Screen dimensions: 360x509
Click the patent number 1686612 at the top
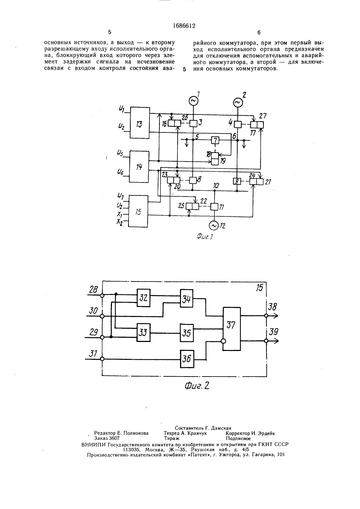pos(184,26)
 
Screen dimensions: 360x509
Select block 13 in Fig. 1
pos(140,122)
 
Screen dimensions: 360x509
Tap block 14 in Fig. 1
pos(139,167)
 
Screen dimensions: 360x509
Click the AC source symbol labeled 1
pos(193,100)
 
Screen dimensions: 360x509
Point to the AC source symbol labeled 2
pos(238,103)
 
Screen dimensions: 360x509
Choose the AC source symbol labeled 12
pos(214,225)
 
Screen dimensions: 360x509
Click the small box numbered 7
pos(215,140)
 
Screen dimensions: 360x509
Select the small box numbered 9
pos(237,181)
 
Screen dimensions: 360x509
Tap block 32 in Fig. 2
pos(143,298)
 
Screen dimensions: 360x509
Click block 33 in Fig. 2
pos(143,333)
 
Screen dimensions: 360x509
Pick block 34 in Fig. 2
pos(186,298)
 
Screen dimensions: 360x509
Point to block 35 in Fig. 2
pos(186,333)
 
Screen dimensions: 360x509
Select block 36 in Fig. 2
pos(187,359)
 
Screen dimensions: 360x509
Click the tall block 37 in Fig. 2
pos(231,329)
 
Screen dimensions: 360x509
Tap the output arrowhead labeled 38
pos(275,316)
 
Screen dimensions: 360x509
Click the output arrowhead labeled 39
pos(276,341)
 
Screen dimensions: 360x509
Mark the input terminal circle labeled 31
pos(102,359)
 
